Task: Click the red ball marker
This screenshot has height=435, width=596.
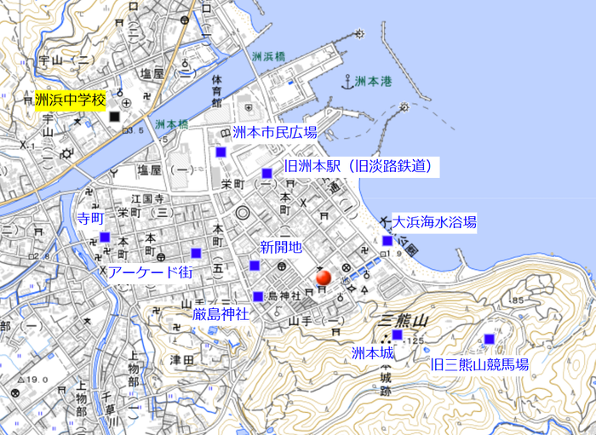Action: tap(323, 277)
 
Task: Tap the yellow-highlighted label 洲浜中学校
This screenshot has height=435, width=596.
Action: tap(71, 100)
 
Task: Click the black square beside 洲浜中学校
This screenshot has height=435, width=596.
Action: tap(114, 115)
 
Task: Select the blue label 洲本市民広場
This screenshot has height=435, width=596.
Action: tap(274, 133)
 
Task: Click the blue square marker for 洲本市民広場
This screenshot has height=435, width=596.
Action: tap(221, 152)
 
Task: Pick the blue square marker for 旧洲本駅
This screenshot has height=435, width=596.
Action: tap(267, 173)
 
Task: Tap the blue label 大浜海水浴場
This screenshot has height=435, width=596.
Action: tap(434, 222)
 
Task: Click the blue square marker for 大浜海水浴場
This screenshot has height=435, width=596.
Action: tap(387, 240)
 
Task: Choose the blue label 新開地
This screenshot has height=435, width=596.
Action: tap(281, 248)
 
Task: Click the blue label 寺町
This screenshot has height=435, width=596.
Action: tap(90, 219)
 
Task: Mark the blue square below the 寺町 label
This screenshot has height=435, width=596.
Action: tap(105, 237)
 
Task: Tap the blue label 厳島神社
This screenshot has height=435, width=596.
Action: tap(220, 314)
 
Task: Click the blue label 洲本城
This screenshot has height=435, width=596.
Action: tap(373, 352)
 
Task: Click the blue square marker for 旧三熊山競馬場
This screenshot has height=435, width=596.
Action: tap(489, 339)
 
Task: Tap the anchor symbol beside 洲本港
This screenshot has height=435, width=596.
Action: tap(347, 82)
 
